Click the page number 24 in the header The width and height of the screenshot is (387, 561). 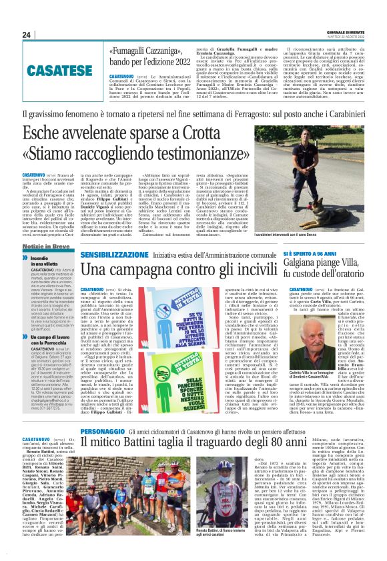(27, 35)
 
